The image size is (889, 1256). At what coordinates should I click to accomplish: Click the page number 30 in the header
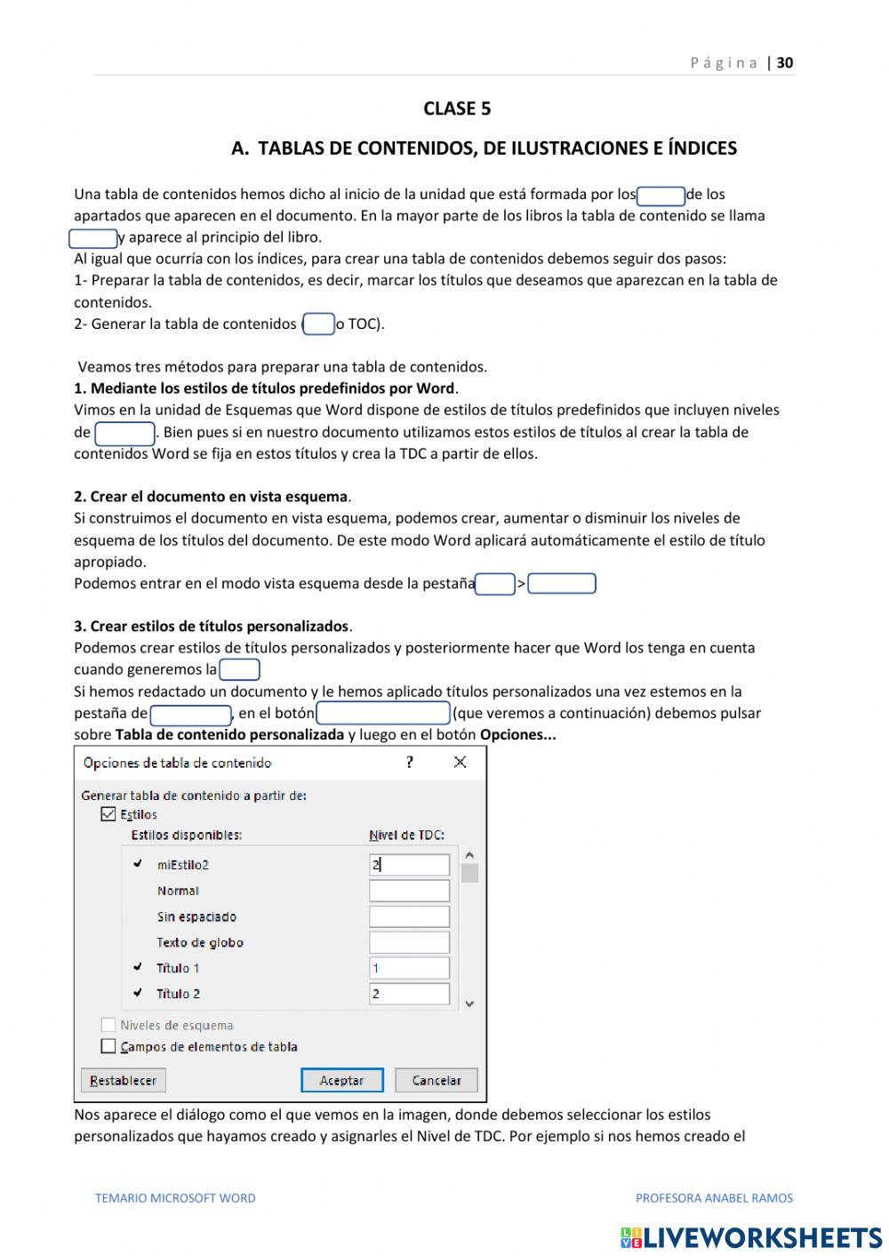tap(785, 62)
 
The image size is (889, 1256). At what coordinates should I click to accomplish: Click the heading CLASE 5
tap(457, 108)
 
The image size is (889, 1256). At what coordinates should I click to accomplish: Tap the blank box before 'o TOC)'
tap(319, 324)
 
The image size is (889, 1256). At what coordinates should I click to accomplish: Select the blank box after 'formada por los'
tap(661, 196)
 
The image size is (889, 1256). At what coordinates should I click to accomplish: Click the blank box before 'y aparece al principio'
tap(93, 238)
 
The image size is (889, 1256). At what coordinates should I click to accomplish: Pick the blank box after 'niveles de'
tap(125, 433)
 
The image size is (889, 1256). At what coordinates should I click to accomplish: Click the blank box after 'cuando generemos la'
tap(239, 670)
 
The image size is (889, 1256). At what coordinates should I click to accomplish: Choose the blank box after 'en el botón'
tap(383, 714)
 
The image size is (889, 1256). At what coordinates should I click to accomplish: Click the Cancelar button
tap(436, 1080)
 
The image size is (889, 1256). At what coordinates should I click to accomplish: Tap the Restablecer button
tap(124, 1080)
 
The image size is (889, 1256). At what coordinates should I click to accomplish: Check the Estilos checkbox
tap(108, 814)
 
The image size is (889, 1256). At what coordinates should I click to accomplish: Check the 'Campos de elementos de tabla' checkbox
tap(108, 1046)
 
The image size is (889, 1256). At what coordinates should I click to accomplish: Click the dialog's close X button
tap(460, 762)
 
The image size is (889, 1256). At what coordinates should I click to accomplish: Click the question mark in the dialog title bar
tap(409, 762)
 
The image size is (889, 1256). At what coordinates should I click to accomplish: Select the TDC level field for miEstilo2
tap(409, 865)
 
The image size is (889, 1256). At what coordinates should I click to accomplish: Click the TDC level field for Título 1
tap(409, 968)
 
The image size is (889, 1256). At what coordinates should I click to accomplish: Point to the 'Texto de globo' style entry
tap(200, 942)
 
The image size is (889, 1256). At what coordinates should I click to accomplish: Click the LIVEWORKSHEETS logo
tap(751, 1237)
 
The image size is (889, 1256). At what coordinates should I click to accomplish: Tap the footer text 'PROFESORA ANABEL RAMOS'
tap(714, 1197)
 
